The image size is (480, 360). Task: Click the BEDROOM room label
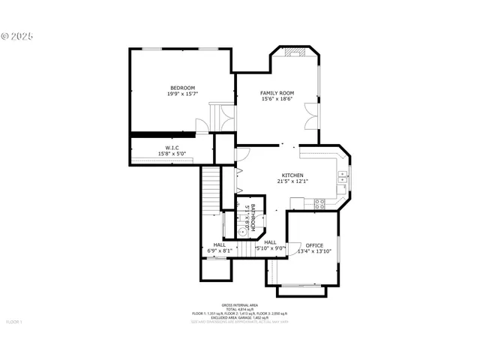pyautogui.click(x=182, y=88)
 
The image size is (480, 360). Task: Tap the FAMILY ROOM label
pyautogui.click(x=277, y=92)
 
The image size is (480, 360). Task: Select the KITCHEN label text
pyautogui.click(x=292, y=175)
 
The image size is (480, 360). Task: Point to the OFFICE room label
pyautogui.click(x=314, y=245)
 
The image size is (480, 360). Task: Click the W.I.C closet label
pyautogui.click(x=172, y=148)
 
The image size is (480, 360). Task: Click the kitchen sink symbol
pyautogui.click(x=342, y=178)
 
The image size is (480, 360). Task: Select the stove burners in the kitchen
pyautogui.click(x=319, y=202)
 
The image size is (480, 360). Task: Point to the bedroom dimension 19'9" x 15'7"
pyautogui.click(x=182, y=94)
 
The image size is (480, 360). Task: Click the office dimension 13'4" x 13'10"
pyautogui.click(x=314, y=251)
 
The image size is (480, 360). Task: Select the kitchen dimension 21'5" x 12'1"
pyautogui.click(x=292, y=181)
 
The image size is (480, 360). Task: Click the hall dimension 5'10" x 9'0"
pyautogui.click(x=270, y=248)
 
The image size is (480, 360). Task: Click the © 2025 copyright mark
pyautogui.click(x=17, y=36)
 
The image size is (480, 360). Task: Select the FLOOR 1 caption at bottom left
pyautogui.click(x=15, y=322)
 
